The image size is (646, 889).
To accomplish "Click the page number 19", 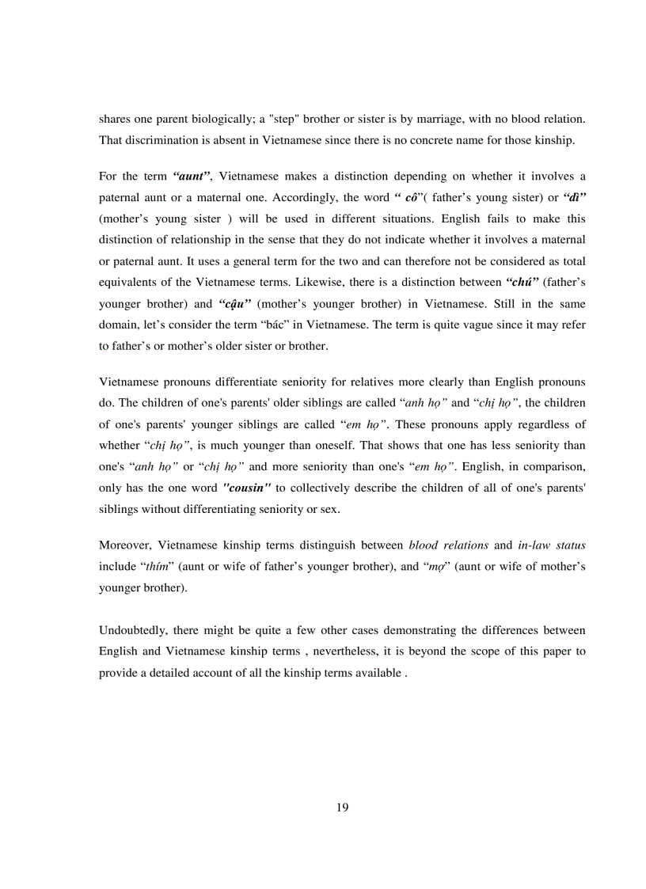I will [342, 807].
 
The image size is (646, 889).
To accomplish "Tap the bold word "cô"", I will [411, 197].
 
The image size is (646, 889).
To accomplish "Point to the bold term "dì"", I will [569, 197].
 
